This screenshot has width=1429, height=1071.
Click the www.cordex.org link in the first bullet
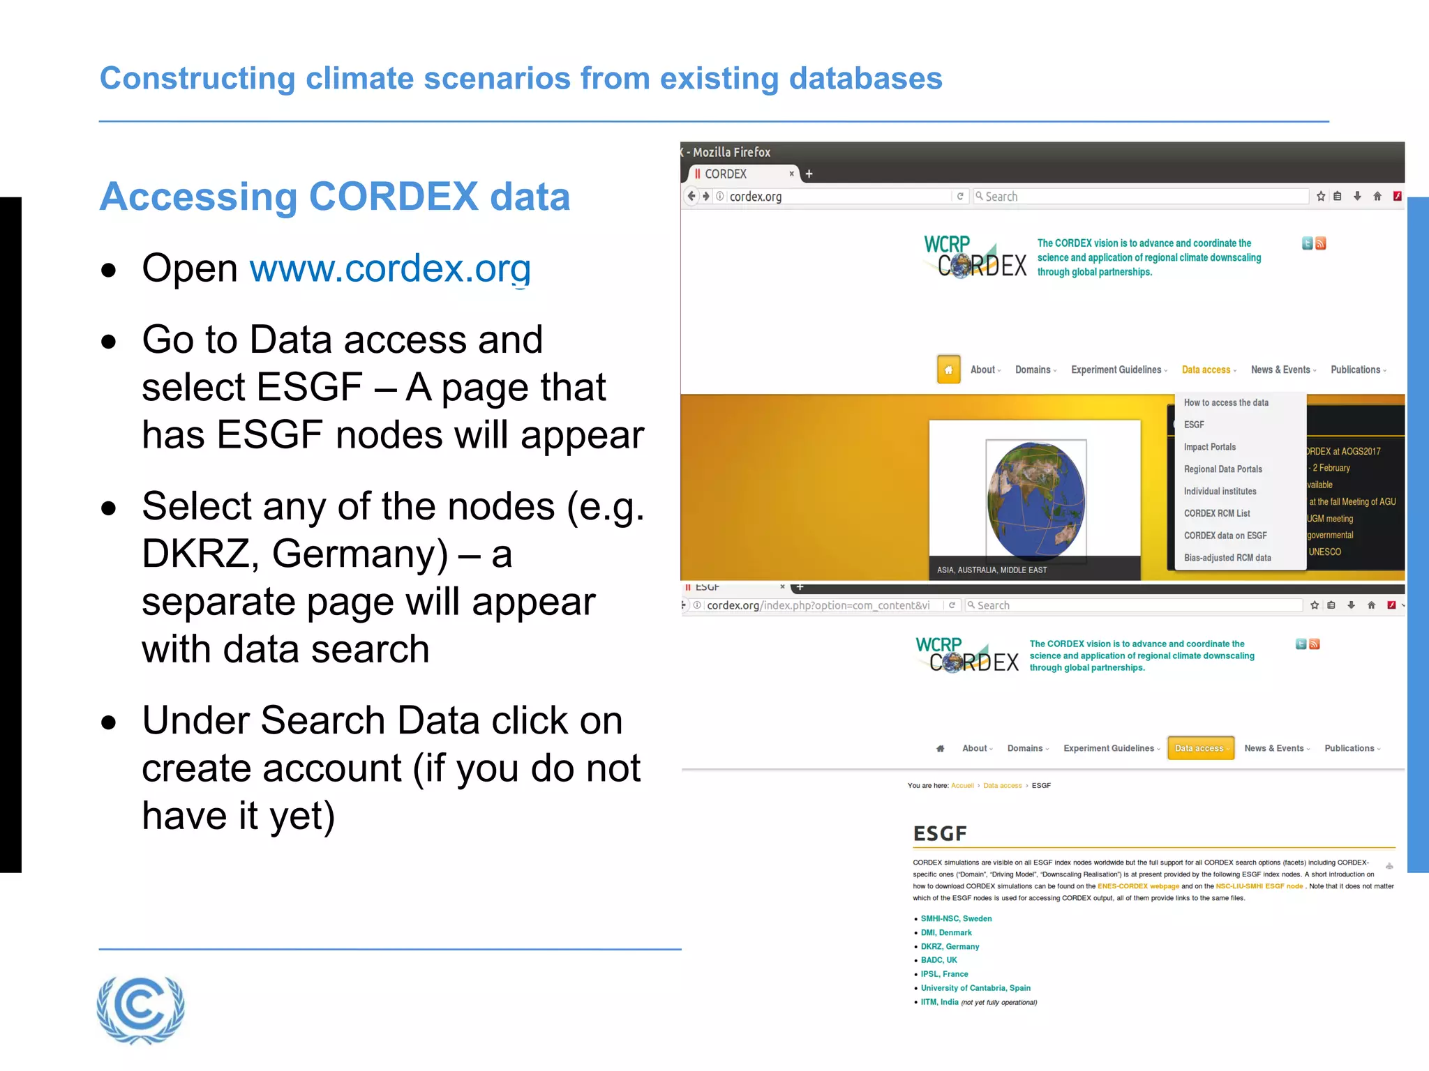[x=390, y=269]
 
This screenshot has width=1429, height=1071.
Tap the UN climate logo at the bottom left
[x=141, y=1009]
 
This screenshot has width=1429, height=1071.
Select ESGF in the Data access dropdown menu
[x=1194, y=425]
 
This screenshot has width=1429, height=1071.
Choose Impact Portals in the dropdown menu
[x=1209, y=447]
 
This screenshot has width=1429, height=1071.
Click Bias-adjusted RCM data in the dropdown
[x=1227, y=558]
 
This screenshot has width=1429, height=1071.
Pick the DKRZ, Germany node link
[x=950, y=946]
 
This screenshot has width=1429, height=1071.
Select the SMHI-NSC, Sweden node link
[x=956, y=918]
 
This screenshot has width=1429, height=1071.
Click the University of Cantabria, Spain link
[x=975, y=988]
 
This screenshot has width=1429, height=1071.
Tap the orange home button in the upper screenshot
[x=948, y=370]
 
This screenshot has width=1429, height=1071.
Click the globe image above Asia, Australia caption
[x=1035, y=500]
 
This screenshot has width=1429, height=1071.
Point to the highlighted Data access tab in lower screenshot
[x=1200, y=748]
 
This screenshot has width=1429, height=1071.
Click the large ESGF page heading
[x=940, y=833]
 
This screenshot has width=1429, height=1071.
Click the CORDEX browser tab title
[x=725, y=174]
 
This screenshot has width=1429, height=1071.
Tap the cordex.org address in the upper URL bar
[x=755, y=197]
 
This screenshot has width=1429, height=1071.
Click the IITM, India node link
[x=939, y=1002]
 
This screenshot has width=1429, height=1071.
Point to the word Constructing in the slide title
[x=197, y=79]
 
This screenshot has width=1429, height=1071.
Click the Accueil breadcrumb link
[x=962, y=786]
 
